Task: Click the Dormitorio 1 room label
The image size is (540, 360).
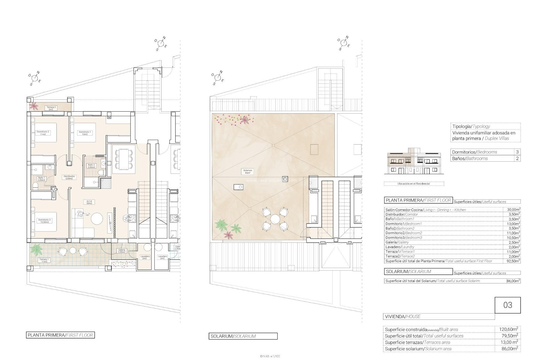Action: coord(85,133)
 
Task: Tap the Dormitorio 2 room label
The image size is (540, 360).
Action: coord(43,133)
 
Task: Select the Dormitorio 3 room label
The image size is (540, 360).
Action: coord(44,221)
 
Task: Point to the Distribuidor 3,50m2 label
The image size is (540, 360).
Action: coord(69,177)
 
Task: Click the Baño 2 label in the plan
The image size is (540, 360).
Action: coord(91,166)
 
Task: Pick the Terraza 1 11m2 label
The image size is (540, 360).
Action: coord(44,260)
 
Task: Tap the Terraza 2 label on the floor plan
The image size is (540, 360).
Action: coord(51,108)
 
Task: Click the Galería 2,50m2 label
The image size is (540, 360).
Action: coord(122,251)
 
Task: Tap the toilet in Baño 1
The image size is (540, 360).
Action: coord(35,186)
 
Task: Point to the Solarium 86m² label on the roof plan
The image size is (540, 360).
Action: coord(248,172)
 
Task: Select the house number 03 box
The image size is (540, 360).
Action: coord(508,305)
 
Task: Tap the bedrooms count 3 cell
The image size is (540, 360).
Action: coord(517,152)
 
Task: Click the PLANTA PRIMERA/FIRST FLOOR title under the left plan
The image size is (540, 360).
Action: coord(60,335)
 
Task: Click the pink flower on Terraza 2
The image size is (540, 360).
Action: coord(34,106)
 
